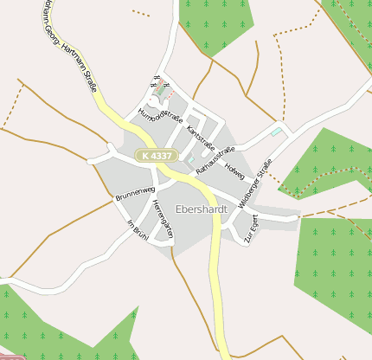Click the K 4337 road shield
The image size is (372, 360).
(156, 156)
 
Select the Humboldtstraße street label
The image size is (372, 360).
(161, 115)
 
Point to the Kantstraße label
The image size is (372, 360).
(201, 137)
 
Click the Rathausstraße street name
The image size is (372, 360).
(215, 161)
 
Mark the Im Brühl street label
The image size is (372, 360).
(138, 230)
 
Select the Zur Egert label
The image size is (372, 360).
(252, 229)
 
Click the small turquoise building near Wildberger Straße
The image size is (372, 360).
(276, 132)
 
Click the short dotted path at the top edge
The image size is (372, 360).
(141, 13)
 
